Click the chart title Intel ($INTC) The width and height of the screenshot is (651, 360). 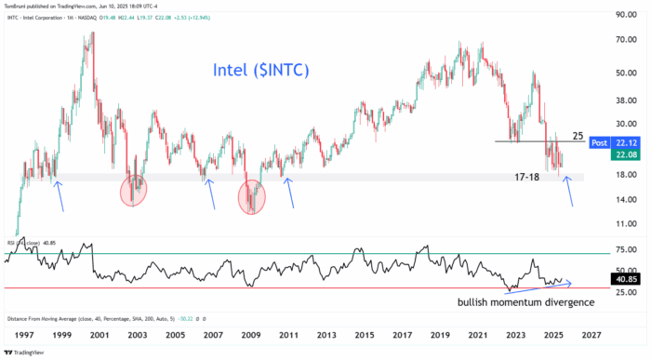(x=260, y=71)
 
